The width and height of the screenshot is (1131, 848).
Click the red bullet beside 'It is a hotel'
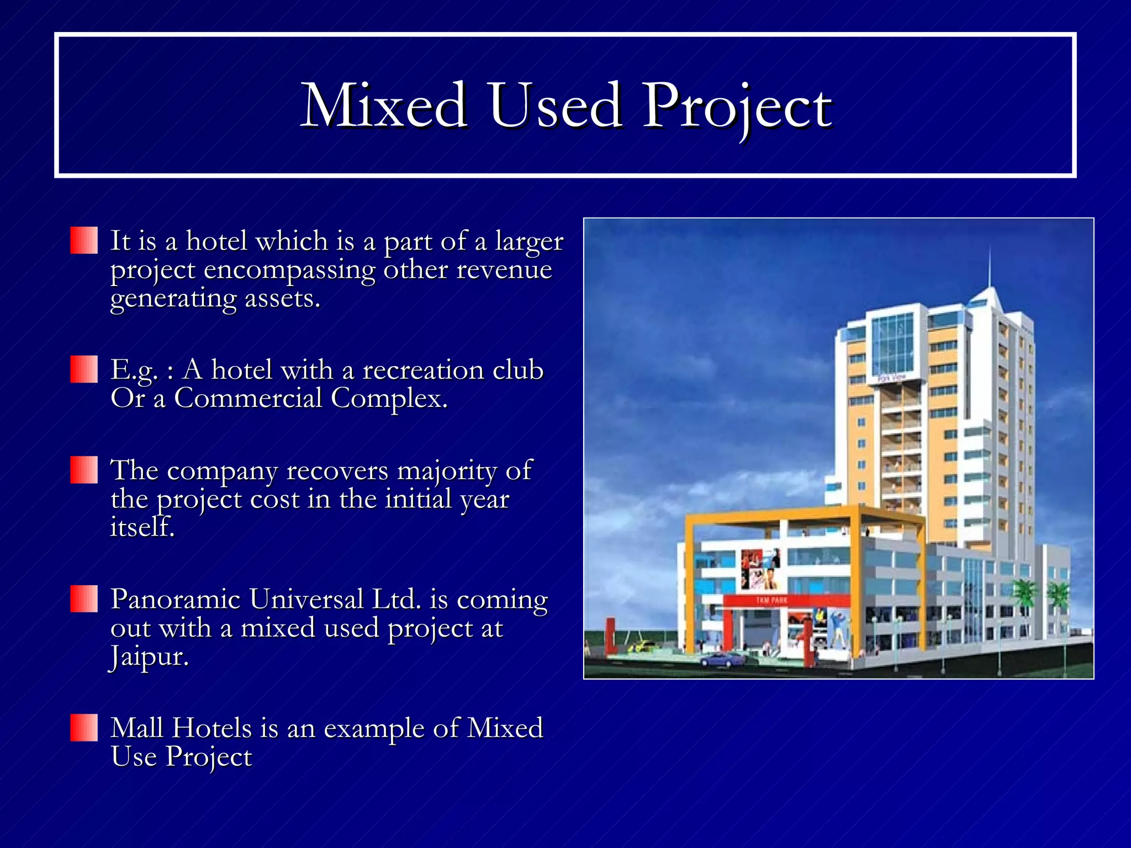(x=84, y=240)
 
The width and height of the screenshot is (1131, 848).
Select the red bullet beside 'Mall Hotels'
(x=84, y=727)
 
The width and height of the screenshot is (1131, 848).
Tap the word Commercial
(x=248, y=398)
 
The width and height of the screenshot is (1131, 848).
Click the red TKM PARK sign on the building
(x=771, y=600)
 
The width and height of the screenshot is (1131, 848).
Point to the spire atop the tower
(x=990, y=271)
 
